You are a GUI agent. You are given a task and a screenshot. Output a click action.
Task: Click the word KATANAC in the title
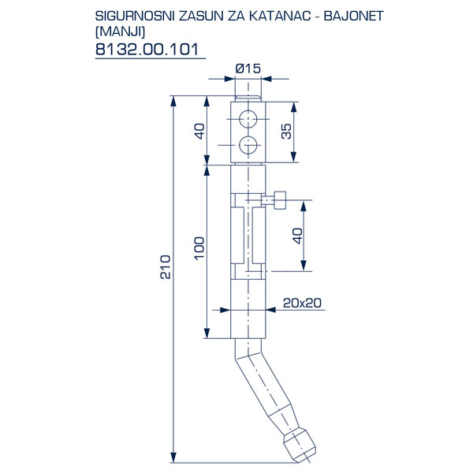280,16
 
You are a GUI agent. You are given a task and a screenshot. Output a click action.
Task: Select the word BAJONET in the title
353,16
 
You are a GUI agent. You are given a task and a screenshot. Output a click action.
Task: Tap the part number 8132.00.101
147,49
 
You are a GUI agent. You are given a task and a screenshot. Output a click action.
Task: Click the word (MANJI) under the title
120,32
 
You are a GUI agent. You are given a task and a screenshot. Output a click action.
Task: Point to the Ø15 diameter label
248,69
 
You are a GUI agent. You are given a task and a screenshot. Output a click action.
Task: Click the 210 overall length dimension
166,267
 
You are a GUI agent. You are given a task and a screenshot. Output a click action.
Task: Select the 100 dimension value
199,248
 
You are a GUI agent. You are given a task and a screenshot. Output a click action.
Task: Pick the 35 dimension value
287,131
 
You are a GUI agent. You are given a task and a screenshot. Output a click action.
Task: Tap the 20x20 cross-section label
302,303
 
